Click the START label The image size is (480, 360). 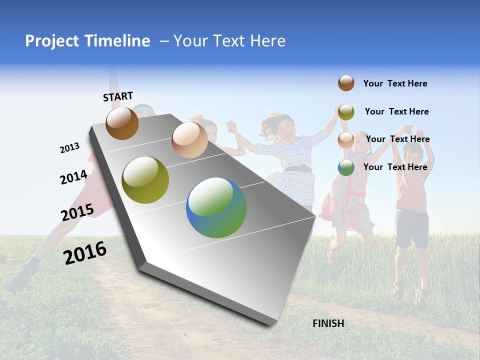pos(118,96)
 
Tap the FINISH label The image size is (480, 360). pos(328,323)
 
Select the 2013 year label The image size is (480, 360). pos(69,148)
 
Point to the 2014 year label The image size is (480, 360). pos(73,177)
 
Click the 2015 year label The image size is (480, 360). pos(77,212)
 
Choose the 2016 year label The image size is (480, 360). pos(85,253)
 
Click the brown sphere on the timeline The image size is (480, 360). pos(122,123)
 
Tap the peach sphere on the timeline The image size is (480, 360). pos(189,140)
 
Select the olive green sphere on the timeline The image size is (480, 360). pos(145,180)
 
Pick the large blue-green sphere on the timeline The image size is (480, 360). pos(216,207)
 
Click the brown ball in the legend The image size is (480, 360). pos(346,83)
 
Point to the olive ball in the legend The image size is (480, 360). pos(346,112)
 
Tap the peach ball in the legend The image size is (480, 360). pos(346,140)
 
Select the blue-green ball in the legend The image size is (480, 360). pos(346,167)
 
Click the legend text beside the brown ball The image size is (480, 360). pos(395,84)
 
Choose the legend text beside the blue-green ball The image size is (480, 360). pos(395,167)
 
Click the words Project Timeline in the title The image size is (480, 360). pos(87,41)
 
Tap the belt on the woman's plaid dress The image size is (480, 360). pos(298,168)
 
